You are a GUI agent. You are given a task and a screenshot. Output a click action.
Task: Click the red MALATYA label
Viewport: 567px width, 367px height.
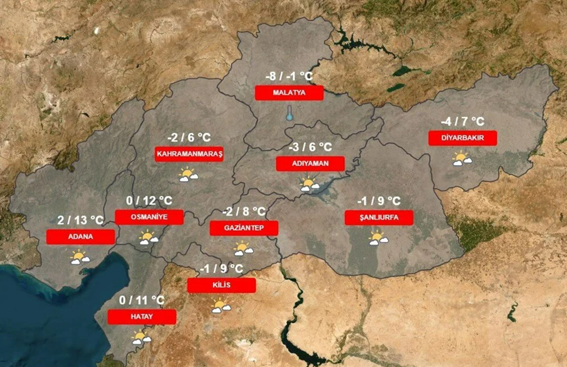pos(289,93)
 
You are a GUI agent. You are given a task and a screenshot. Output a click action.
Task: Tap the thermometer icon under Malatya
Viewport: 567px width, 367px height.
pos(290,114)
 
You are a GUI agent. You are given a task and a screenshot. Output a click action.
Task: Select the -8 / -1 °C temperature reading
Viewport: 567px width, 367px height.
pos(289,76)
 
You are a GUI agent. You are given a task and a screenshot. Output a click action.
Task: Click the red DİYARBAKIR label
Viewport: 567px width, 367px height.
pos(462,138)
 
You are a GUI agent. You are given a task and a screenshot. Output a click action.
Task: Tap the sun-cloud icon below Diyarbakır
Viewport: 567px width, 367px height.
pos(462,160)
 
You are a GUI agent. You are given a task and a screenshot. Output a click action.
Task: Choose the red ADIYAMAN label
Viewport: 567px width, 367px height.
pos(310,164)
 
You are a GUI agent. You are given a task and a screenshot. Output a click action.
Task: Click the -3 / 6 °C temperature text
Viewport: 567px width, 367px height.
pos(310,147)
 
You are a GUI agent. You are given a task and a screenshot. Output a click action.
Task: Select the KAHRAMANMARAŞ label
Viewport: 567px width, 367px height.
pos(189,154)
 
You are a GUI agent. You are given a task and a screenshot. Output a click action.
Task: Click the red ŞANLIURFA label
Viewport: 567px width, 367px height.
pos(379,218)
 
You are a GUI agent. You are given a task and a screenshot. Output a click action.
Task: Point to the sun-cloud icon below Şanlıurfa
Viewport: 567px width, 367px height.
pos(378,238)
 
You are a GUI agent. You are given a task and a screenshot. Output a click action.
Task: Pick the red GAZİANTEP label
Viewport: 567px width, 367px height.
pos(243,228)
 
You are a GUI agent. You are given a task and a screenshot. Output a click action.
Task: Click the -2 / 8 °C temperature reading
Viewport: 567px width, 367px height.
pos(244,211)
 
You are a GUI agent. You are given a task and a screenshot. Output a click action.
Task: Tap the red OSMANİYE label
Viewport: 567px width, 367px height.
pos(149,217)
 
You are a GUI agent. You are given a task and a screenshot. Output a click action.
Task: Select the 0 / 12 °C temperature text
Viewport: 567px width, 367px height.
pos(149,200)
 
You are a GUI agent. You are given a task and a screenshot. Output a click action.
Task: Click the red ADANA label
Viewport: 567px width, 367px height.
pos(80,236)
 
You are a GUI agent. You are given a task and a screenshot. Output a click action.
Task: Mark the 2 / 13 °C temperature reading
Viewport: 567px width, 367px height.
pos(80,220)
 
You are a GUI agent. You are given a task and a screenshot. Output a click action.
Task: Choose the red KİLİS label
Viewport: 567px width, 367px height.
pos(221,285)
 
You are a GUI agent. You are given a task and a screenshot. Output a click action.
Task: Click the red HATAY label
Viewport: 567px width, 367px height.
pos(142,317)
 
